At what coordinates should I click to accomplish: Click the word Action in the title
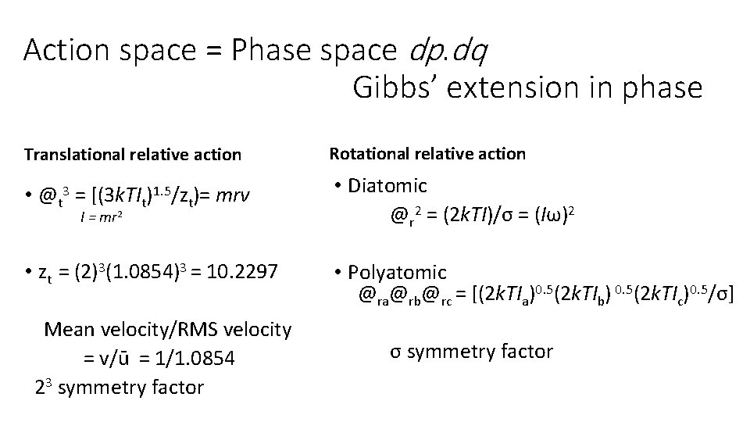coord(66,50)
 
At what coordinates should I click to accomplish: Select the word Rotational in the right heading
coord(370,154)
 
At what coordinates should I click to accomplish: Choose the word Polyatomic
coord(398,273)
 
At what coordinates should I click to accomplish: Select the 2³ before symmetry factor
coord(44,386)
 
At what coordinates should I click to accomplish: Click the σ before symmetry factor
coord(395,352)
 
